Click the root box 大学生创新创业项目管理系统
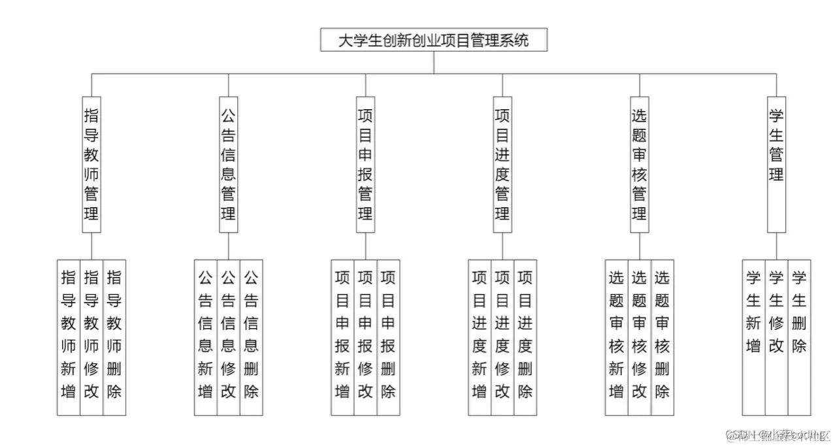433,41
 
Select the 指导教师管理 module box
91,164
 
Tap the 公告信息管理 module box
228,164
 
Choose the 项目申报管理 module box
365,164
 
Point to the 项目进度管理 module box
502,164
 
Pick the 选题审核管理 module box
640,164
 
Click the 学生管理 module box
776,164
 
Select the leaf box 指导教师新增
69,337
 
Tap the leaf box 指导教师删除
114,337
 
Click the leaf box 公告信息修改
228,337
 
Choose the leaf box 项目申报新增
342,337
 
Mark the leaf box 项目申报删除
388,337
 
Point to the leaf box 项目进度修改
502,337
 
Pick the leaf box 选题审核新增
616,337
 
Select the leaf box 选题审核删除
662,337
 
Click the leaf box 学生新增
753,337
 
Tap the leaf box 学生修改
776,337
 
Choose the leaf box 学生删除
799,337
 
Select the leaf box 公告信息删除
251,337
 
